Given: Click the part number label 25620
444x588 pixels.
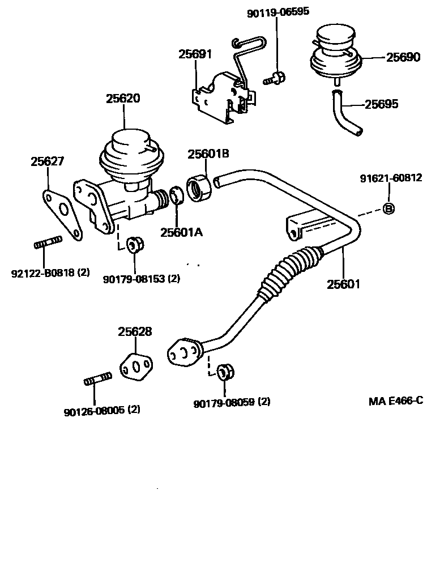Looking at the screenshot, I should [x=123, y=98].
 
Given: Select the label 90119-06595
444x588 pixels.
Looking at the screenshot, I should [x=277, y=12].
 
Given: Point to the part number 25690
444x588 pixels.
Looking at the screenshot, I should [x=403, y=57].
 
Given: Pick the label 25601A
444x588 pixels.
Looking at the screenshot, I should [x=181, y=232].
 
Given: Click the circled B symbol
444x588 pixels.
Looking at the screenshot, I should [x=389, y=208].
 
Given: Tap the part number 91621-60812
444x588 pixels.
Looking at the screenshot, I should [x=391, y=178].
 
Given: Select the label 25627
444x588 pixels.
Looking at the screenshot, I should [x=47, y=161].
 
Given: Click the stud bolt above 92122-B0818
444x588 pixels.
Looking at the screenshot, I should [x=46, y=245].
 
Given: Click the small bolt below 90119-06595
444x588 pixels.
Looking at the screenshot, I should [x=275, y=78].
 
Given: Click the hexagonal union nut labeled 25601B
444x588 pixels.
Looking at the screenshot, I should [x=199, y=188].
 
